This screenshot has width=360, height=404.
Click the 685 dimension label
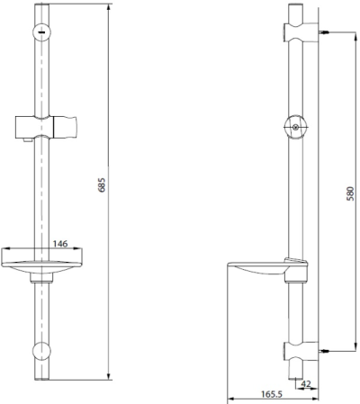[x=103, y=185]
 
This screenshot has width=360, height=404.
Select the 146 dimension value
[x=60, y=244]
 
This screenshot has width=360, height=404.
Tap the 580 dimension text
[x=350, y=193]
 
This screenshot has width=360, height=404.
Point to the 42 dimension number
[x=306, y=383]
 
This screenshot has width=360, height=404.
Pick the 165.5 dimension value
[x=272, y=394]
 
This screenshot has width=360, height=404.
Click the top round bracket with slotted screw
[x=41, y=32]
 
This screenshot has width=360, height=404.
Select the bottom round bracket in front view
[x=41, y=352]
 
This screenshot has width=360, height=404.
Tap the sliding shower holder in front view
[x=47, y=127]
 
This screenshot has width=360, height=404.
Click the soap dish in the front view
[x=41, y=260]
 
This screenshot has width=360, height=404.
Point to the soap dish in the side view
[x=267, y=269]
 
